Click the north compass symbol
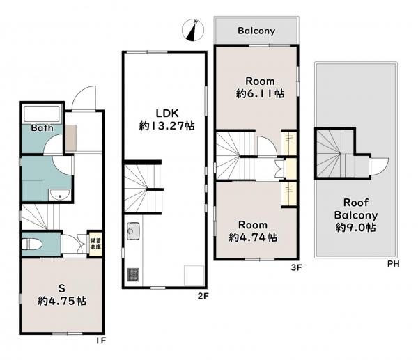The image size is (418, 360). (x=193, y=30)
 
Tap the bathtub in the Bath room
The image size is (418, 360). (x=42, y=114)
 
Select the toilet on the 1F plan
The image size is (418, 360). (x=32, y=244)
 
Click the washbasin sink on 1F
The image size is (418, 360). (x=60, y=195)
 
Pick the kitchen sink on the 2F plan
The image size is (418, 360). (x=133, y=231)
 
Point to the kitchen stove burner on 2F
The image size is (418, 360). (x=133, y=274)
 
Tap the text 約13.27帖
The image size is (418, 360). (x=167, y=126)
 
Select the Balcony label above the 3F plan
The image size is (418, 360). (x=256, y=31)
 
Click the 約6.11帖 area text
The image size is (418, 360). (x=260, y=94)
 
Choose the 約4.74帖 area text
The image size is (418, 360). (x=253, y=237)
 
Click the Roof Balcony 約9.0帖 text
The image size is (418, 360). (x=356, y=215)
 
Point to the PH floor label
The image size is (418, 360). (x=393, y=264)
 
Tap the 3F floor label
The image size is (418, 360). (x=296, y=267)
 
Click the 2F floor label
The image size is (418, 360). (x=203, y=296)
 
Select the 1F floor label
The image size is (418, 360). (x=101, y=341)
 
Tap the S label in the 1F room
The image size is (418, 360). (x=62, y=288)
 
